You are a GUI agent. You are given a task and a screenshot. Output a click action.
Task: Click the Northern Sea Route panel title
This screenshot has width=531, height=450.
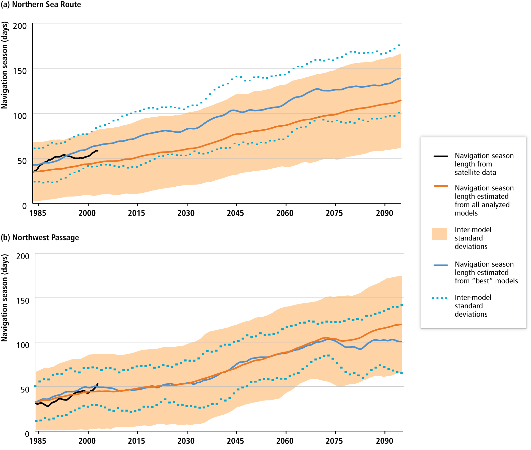41,4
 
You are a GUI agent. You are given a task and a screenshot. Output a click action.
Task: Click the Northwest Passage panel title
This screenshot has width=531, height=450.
40,237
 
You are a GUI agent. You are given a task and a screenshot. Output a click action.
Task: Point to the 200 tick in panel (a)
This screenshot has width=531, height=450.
20,26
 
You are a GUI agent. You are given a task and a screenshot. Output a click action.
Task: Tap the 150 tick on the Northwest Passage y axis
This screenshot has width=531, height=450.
23,301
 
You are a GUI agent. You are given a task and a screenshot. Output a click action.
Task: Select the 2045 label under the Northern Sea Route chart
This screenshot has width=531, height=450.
235,213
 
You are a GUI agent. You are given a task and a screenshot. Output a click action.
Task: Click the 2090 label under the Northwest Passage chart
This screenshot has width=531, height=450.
384,441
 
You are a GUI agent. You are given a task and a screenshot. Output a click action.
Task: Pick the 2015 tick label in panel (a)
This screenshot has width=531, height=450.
136,213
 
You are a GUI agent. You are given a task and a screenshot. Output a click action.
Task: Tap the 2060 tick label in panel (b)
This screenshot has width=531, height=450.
285,441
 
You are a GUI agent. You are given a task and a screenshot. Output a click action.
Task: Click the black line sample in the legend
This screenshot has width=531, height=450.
440,156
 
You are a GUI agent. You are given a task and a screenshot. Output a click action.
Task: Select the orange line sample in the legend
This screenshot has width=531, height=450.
440,186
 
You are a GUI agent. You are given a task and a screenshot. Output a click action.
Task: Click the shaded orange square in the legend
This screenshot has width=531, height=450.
439,234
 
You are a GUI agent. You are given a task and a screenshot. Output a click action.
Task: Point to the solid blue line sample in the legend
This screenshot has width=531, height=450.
440,265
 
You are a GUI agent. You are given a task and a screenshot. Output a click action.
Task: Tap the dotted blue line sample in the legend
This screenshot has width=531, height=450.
439,298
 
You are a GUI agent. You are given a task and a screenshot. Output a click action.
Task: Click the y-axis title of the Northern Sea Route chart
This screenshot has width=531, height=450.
4,65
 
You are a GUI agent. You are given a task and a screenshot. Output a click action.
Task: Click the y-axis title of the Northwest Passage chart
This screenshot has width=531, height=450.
4,298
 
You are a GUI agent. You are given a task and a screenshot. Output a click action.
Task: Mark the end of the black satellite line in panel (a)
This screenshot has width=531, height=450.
98,151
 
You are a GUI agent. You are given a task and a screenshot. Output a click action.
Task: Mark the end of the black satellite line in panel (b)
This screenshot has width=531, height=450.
98,384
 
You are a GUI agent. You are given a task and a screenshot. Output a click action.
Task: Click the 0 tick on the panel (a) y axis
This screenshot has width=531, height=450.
24,206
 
